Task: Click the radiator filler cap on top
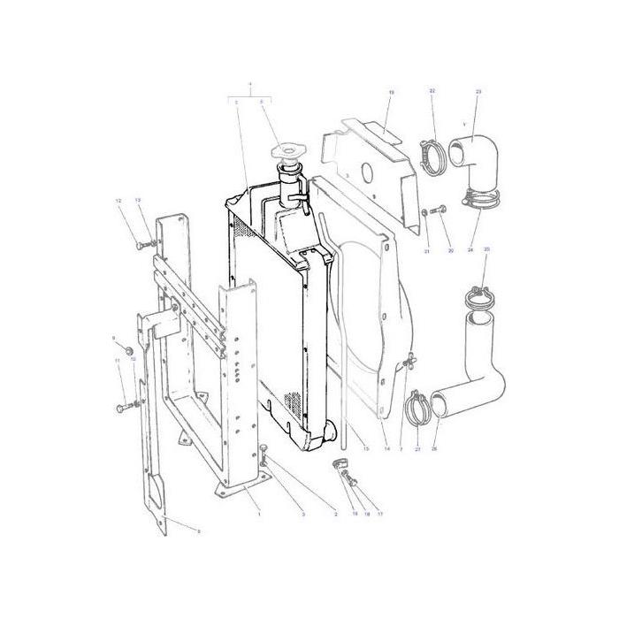pos(288,152)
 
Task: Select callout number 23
pos(478,92)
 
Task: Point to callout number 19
pos(391,92)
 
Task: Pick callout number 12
pos(118,202)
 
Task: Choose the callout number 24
pos(470,251)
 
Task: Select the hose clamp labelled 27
pos(416,408)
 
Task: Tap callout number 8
pos(198,531)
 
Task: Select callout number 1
pos(258,513)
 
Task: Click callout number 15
pos(364,449)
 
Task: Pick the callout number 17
pos(380,513)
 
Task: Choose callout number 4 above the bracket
pos(251,86)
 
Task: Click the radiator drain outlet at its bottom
pos(330,435)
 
